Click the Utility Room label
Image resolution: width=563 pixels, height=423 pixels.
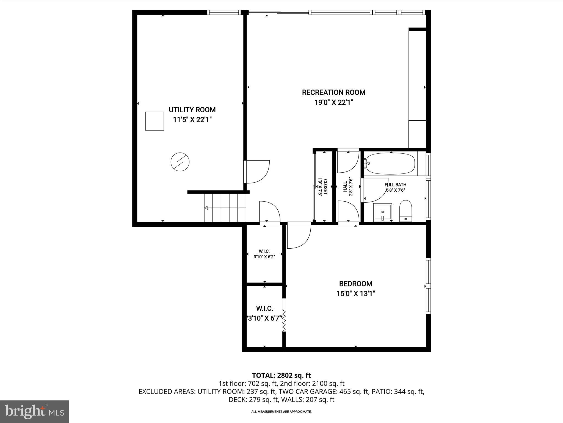pyautogui.click(x=192, y=110)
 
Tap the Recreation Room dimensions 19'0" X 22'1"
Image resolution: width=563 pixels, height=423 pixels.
pyautogui.click(x=333, y=102)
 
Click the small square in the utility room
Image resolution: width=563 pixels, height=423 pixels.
pyautogui.click(x=154, y=121)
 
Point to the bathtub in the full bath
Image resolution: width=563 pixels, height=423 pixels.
pyautogui.click(x=390, y=164)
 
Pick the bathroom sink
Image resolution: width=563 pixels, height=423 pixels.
pyautogui.click(x=383, y=212)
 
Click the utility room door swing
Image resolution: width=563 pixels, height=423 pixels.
pyautogui.click(x=257, y=172)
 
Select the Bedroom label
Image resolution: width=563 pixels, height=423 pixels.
pyautogui.click(x=355, y=284)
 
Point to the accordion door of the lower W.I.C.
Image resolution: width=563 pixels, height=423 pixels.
pyautogui.click(x=284, y=321)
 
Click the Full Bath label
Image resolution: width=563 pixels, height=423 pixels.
pyautogui.click(x=395, y=185)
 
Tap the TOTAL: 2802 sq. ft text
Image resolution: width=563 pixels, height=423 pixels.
pyautogui.click(x=281, y=375)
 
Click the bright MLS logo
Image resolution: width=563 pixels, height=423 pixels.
pyautogui.click(x=34, y=411)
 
